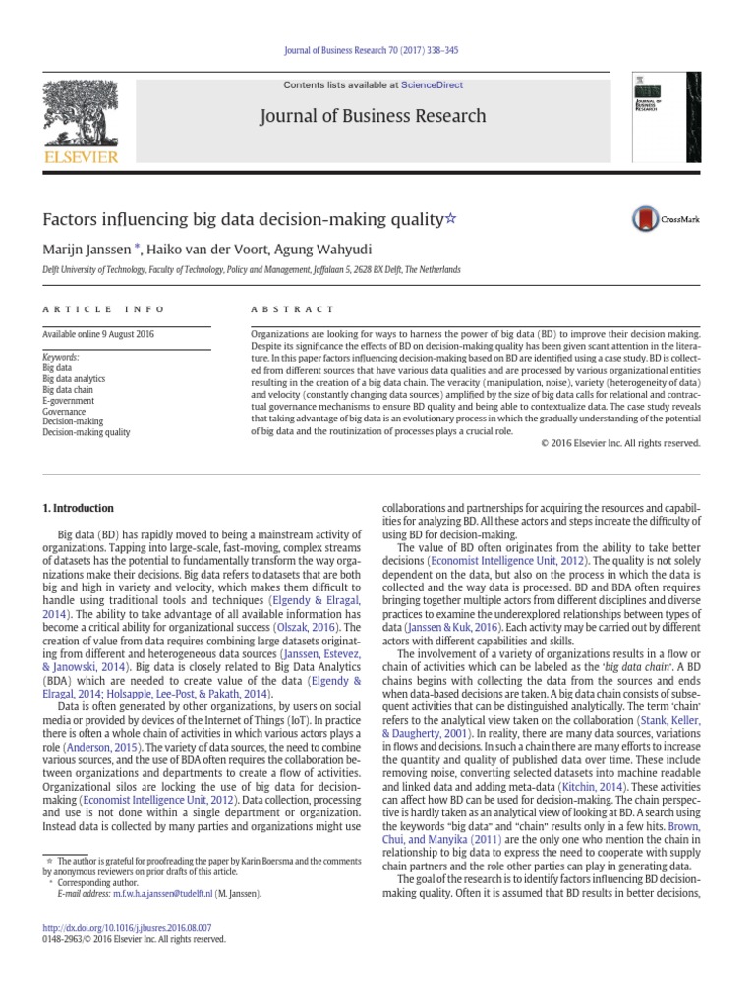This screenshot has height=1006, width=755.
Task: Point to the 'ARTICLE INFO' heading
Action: [90, 308]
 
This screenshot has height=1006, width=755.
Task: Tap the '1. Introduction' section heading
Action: [78, 508]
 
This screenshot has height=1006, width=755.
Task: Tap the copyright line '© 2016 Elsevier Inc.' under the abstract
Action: [620, 443]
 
